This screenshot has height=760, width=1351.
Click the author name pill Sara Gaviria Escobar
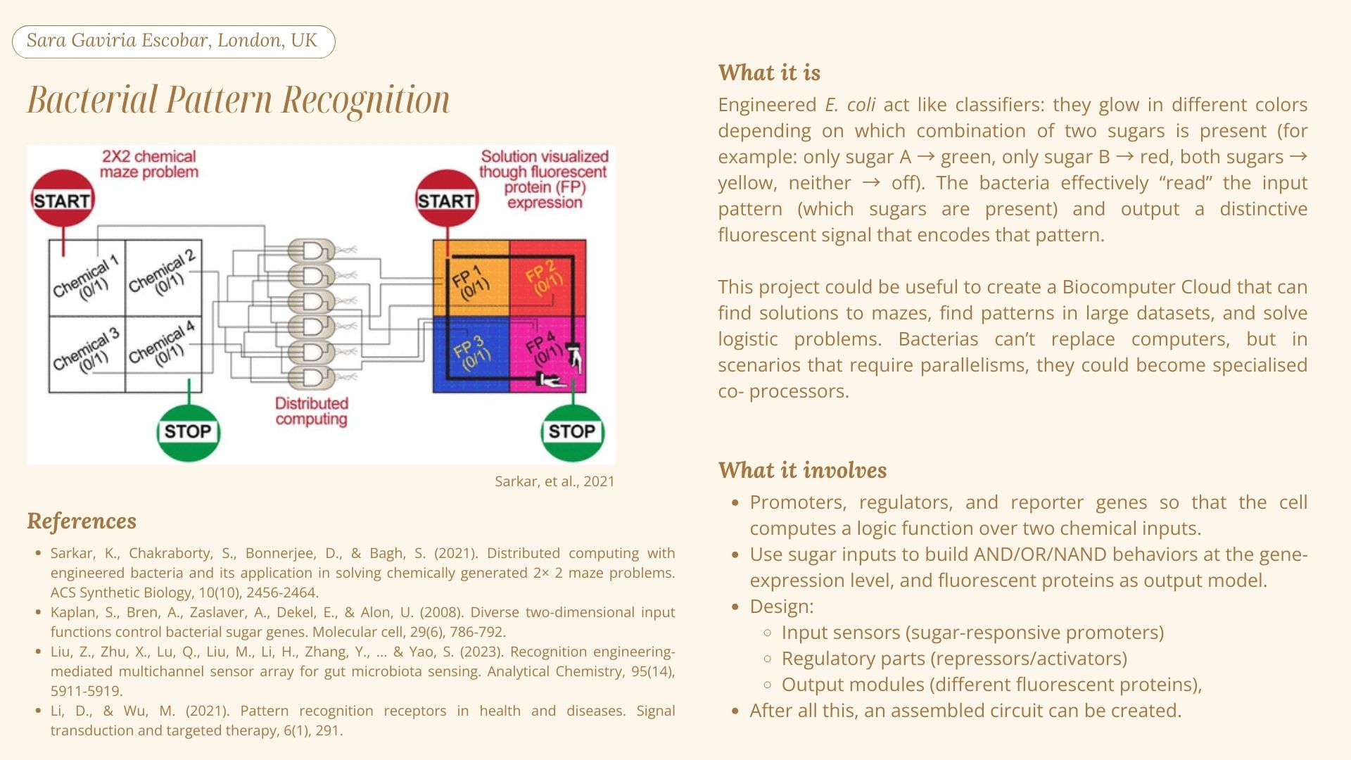click(x=173, y=42)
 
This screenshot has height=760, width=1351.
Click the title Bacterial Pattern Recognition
click(x=239, y=100)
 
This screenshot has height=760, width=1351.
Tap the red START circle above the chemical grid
click(x=62, y=199)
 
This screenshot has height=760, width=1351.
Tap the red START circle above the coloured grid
click(x=446, y=199)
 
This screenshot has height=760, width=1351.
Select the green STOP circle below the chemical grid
click(x=188, y=431)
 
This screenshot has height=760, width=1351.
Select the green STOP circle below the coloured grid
click(x=572, y=431)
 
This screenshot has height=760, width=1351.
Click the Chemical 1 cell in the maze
click(x=87, y=278)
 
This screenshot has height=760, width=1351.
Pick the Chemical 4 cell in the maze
click(x=163, y=354)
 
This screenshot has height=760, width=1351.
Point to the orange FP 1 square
click(x=471, y=278)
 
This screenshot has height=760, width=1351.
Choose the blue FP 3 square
click(x=471, y=354)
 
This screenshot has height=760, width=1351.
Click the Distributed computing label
click(x=312, y=411)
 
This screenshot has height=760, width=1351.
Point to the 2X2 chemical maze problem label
click(x=148, y=164)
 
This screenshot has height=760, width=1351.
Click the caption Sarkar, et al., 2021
click(x=554, y=481)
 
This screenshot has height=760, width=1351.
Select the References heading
click(x=82, y=521)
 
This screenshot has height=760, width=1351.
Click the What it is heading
click(x=769, y=72)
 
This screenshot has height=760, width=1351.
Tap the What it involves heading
click(x=802, y=470)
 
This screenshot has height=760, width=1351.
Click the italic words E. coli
click(x=850, y=105)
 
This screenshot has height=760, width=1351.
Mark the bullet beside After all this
click(x=735, y=711)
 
